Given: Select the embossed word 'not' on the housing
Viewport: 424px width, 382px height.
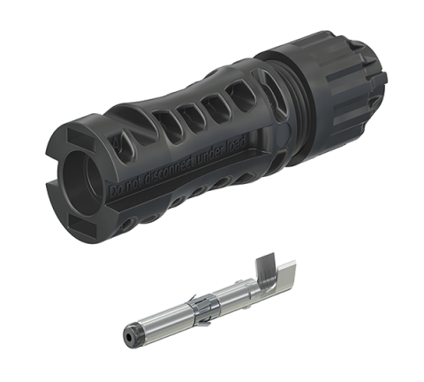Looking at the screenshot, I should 131,191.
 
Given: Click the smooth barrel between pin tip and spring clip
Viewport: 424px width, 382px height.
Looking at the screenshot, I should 168,319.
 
